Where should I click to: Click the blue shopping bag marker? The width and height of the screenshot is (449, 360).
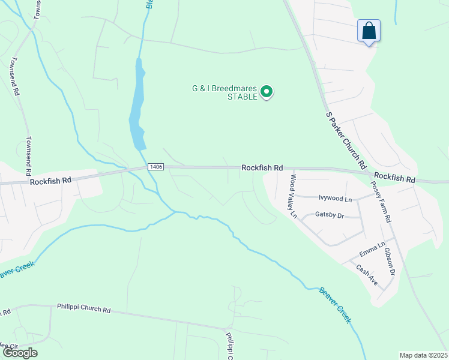point(369,31)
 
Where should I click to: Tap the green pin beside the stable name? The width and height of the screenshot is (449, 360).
point(266,92)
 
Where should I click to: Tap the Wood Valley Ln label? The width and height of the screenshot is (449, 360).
point(292,196)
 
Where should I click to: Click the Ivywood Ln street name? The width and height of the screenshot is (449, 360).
point(335,197)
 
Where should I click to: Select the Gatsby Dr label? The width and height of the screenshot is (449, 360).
point(328,215)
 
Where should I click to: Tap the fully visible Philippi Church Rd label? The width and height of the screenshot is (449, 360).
point(84,310)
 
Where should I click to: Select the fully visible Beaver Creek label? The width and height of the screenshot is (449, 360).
point(335,305)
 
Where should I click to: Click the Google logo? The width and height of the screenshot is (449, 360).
point(19,353)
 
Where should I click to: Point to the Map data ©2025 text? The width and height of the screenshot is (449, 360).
point(423,355)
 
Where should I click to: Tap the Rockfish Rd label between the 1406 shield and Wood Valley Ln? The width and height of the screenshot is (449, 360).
point(262,169)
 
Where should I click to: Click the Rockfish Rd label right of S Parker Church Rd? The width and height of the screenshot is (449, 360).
point(394,179)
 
